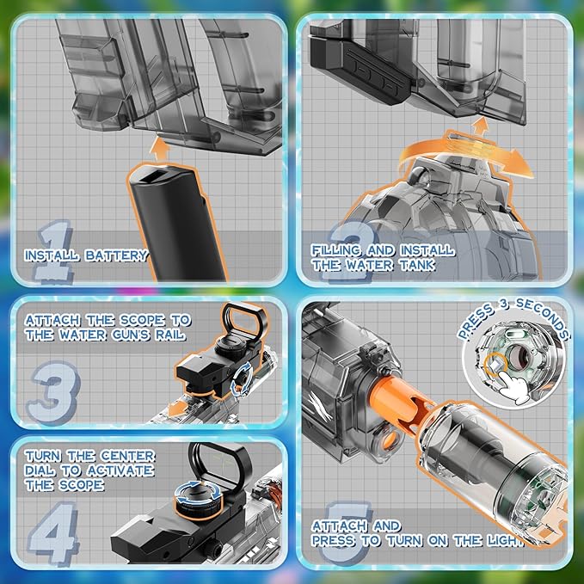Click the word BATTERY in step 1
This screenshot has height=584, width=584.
coord(117,255)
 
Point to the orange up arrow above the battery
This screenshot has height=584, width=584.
coord(159,149)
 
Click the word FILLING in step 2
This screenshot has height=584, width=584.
coord(336,250)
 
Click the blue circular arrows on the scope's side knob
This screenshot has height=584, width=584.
coord(242,379)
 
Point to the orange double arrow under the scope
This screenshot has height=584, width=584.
coord(178,409)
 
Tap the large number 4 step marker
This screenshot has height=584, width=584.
coord(52,532)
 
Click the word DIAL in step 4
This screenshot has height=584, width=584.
coord(40,470)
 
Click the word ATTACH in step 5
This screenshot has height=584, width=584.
coord(337,526)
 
